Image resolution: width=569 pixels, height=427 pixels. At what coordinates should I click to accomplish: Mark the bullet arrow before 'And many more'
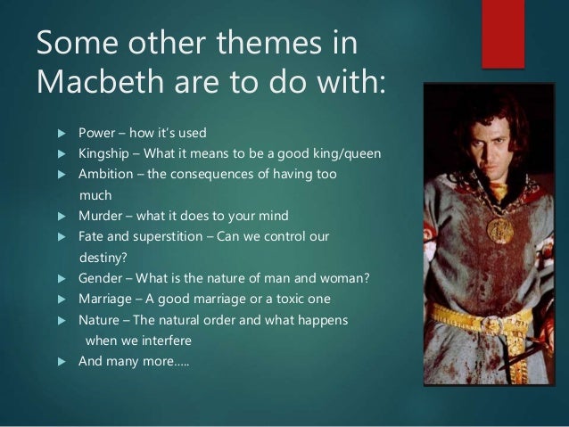coord(62,361)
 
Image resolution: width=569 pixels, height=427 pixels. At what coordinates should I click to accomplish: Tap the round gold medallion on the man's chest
coord(495,229)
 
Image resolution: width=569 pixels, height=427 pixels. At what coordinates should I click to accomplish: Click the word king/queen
coord(349,154)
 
